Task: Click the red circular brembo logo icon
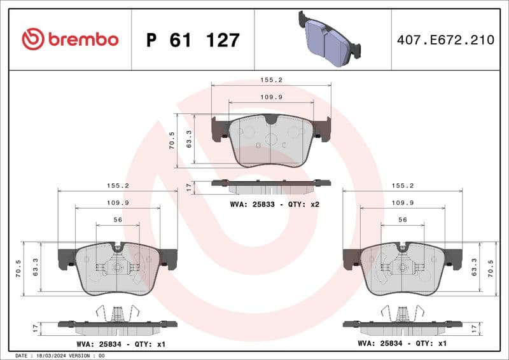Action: [32, 39]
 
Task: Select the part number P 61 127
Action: [192, 40]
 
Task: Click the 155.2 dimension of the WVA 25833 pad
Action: [270, 81]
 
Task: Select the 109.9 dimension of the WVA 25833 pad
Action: [270, 97]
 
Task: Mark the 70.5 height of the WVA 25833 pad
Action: [171, 139]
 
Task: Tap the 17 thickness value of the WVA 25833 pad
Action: [188, 187]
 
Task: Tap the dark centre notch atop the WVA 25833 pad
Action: [271, 118]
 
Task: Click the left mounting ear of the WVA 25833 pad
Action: [218, 128]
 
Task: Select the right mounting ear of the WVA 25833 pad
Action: [323, 128]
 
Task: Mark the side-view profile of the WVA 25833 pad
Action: [271, 186]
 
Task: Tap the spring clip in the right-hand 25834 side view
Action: [402, 312]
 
